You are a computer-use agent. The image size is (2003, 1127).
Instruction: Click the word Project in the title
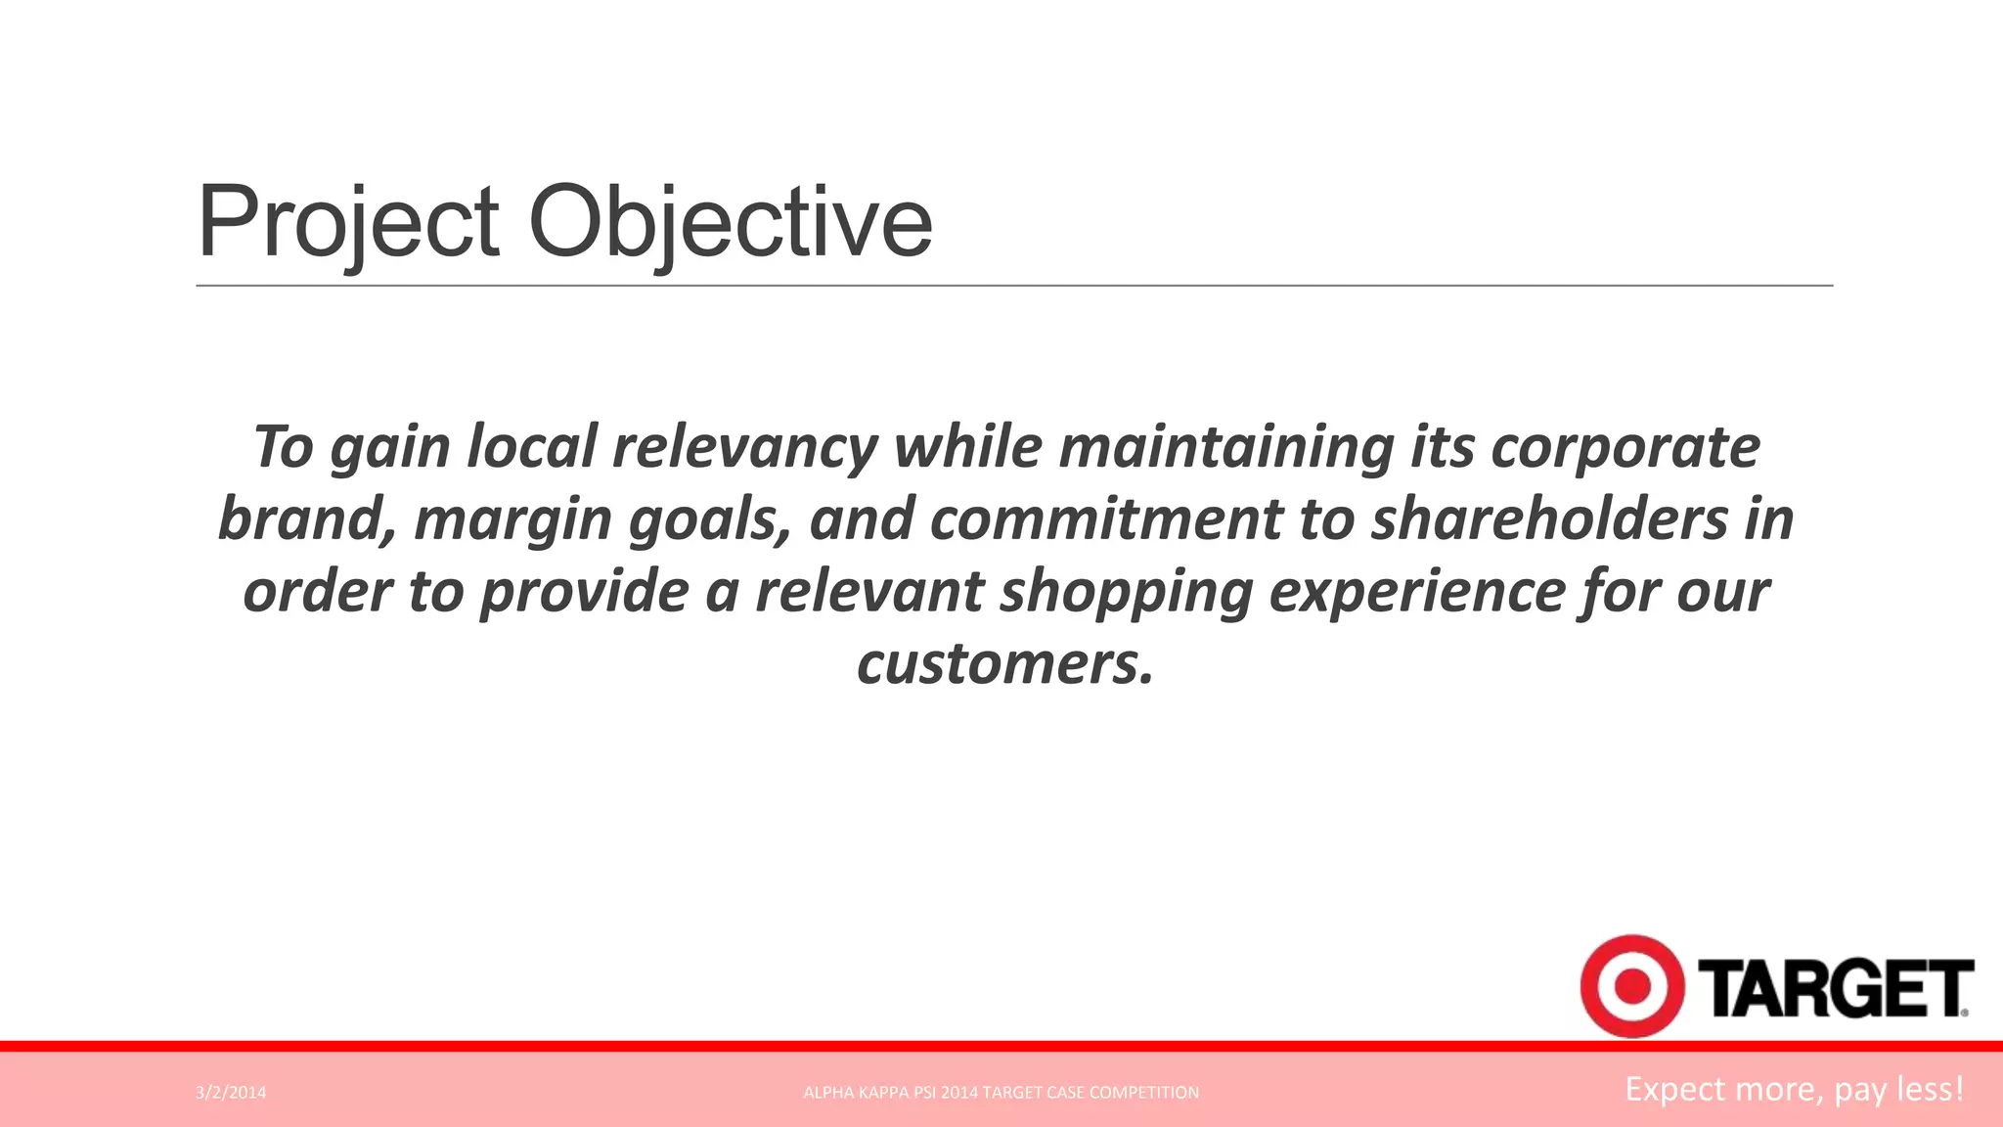348,223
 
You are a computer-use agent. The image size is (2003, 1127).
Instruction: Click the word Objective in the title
730,223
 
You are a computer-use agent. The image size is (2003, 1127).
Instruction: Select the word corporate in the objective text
1625,447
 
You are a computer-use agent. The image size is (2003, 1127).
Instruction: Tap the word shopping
1126,592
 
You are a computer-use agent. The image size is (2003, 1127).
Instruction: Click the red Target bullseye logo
1630,986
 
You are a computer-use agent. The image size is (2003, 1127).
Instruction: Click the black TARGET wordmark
1835,989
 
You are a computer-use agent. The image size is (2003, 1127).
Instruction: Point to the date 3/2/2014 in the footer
231,1093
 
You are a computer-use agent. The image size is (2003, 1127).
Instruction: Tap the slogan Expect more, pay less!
1794,1089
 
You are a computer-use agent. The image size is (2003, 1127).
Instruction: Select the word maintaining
1226,447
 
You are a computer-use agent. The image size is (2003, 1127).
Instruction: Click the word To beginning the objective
283,447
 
